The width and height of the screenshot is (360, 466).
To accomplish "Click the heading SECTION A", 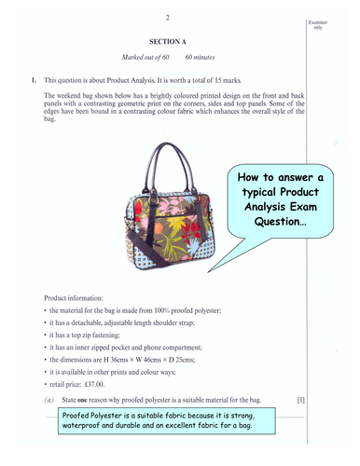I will (x=169, y=43).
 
